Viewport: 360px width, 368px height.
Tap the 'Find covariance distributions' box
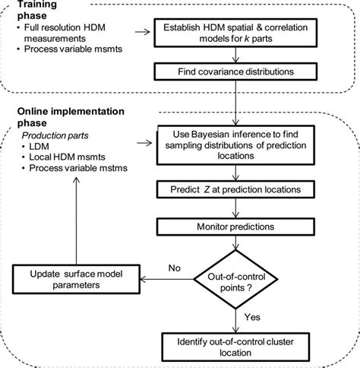[x=238, y=72]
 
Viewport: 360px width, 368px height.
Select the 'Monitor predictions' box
[x=238, y=227]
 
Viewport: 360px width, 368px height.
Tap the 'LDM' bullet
[x=43, y=148]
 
